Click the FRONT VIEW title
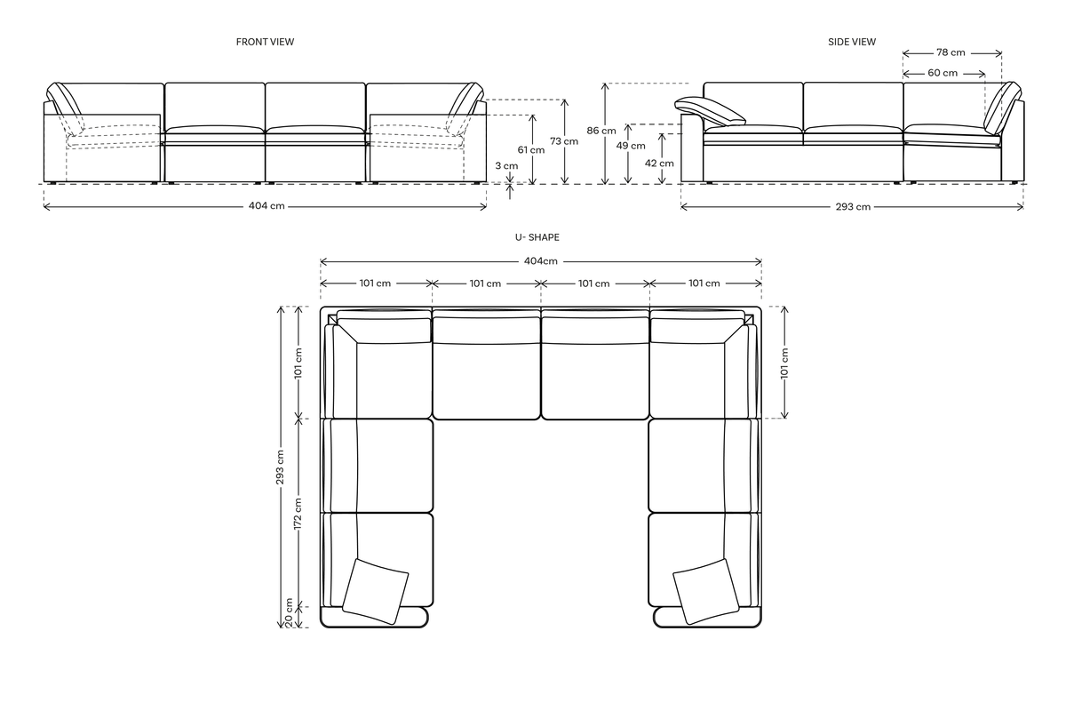265,42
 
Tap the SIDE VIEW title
851,42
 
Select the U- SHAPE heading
537,237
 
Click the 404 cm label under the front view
266,206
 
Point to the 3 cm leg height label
506,165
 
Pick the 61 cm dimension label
531,149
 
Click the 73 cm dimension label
564,141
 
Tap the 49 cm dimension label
631,146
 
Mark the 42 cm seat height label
660,163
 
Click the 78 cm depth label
951,52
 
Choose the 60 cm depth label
943,73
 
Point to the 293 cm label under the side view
851,207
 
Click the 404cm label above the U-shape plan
540,261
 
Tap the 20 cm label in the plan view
290,614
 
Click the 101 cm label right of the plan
784,363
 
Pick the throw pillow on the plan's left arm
375,589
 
